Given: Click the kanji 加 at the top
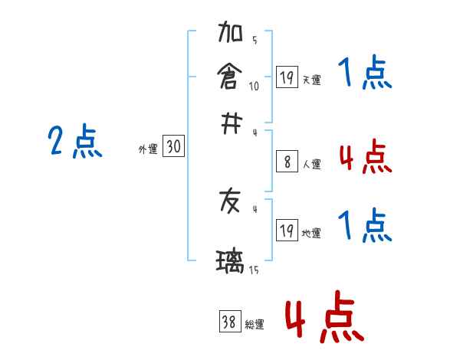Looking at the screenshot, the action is (230, 35).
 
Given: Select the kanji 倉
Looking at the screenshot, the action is (230, 77).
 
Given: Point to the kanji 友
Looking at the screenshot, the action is (230, 201).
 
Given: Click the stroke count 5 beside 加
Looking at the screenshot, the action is (254, 41).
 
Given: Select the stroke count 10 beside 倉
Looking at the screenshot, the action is (254, 85).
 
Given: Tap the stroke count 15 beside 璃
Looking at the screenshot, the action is (254, 270).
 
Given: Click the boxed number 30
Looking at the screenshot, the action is (174, 147).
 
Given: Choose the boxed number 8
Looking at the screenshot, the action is (287, 162).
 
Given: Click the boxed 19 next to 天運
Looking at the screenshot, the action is (287, 77).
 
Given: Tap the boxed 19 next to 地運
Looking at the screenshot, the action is (287, 231).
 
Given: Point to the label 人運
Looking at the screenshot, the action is (312, 164).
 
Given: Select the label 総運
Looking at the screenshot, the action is (255, 325).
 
